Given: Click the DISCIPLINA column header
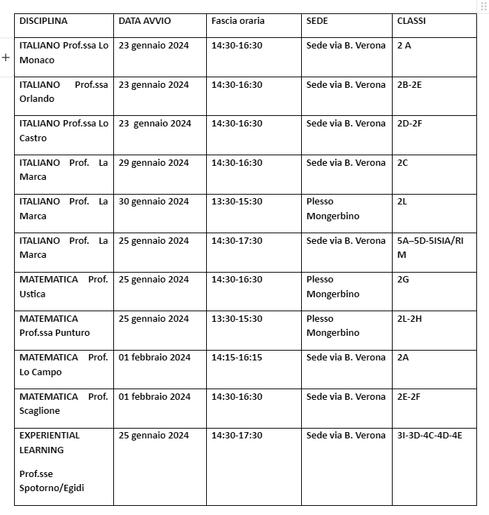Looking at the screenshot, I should pos(44,21).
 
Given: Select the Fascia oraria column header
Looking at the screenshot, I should pos(238,21).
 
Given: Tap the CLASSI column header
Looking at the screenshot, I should pos(411,21).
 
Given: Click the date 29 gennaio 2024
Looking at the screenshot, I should pos(153,163).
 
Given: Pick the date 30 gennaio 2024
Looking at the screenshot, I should pos(153,202).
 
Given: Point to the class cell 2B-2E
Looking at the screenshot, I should pos(409,85).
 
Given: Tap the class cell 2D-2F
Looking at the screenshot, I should pos(409,124).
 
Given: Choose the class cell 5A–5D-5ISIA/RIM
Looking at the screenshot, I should pos(431,247).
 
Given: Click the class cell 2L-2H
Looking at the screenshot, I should pos(409,319).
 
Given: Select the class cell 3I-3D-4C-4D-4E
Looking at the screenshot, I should pos(429,436).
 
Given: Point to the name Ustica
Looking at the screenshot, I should pos(32,294).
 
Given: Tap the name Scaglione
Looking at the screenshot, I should pos(39,411).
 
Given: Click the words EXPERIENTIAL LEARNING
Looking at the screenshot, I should pos(49,443).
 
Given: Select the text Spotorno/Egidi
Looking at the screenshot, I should pos(51,488).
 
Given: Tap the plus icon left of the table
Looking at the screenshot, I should pos(6,57).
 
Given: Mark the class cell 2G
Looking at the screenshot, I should pos(403,280).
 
